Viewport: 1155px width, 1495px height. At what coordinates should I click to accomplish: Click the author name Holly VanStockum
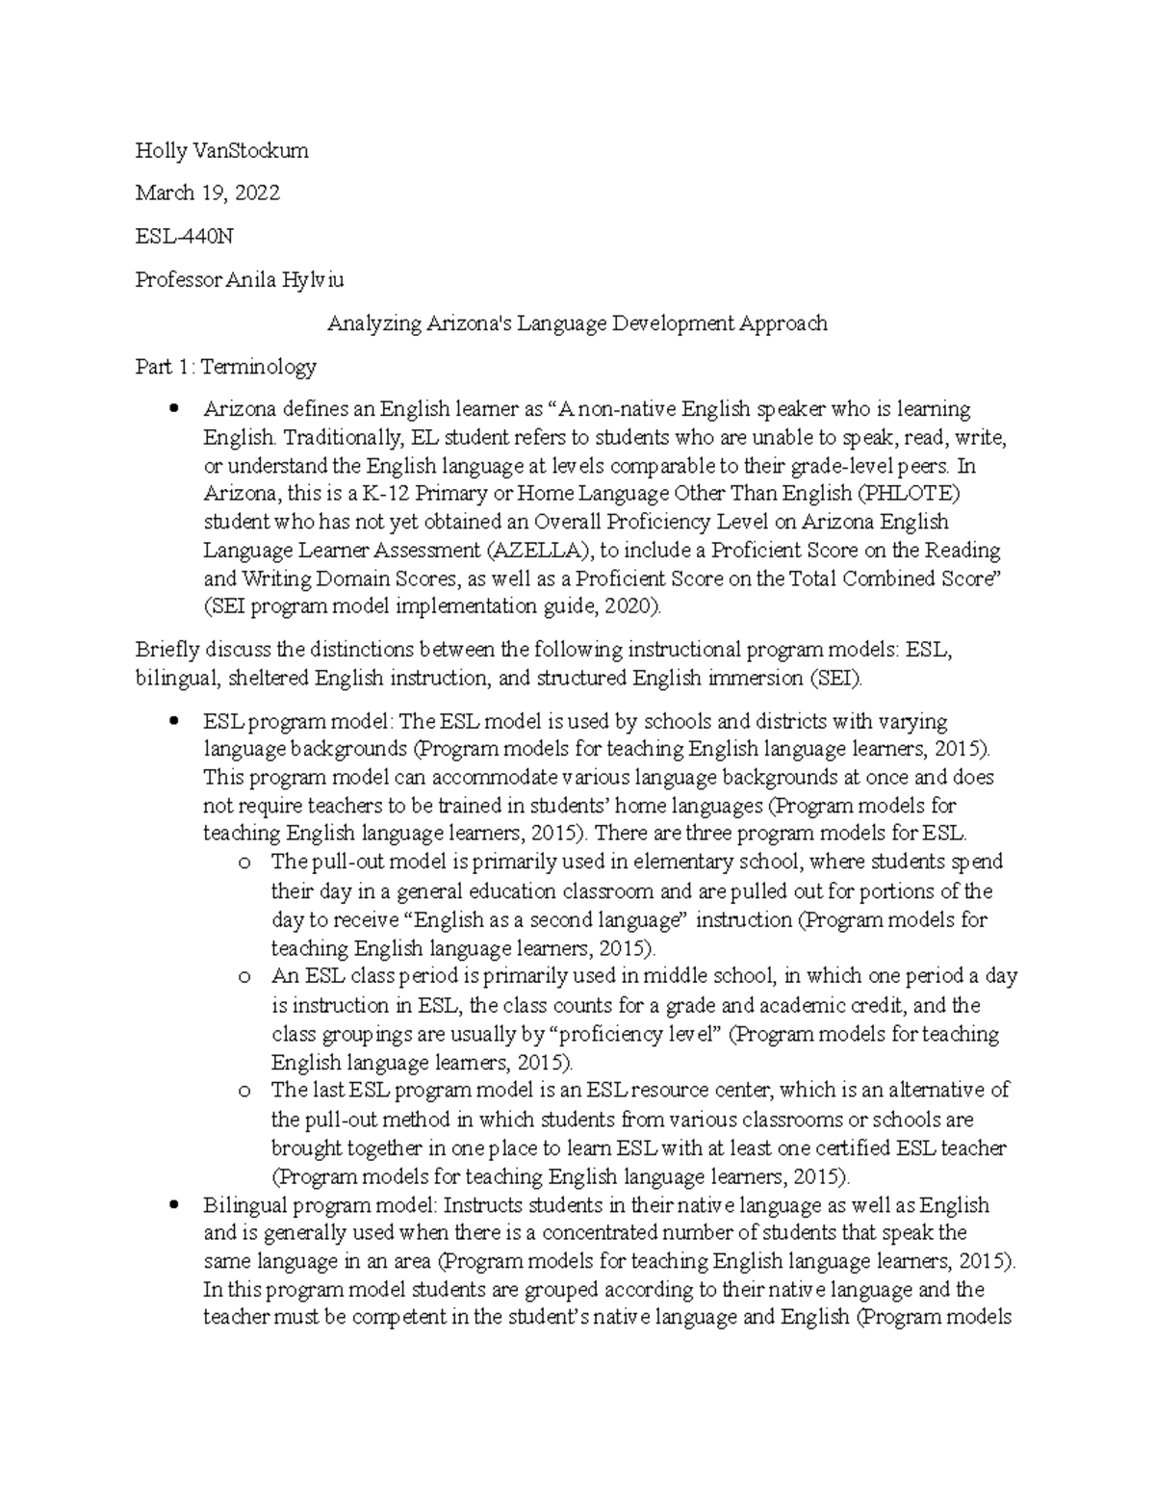[221, 150]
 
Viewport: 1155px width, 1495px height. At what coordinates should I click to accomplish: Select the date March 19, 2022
[207, 193]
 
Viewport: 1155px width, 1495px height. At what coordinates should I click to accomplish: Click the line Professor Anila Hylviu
[239, 280]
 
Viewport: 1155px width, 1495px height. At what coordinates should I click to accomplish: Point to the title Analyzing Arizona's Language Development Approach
[577, 323]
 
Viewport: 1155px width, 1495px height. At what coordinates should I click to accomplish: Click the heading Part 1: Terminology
[225, 367]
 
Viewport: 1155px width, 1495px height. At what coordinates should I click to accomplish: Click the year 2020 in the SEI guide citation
[632, 606]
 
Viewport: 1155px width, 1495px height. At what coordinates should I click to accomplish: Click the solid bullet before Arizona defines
[174, 409]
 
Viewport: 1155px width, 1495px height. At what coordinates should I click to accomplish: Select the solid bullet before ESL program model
[174, 721]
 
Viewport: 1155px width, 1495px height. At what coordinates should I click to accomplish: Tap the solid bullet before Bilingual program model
[174, 1204]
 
